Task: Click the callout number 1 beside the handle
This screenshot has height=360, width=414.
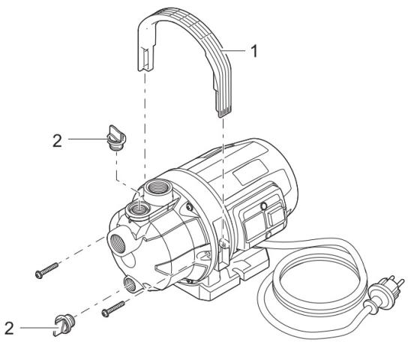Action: coord(253,51)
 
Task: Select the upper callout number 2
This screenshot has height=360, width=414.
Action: coord(57,141)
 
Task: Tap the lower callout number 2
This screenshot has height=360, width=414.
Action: coord(9,328)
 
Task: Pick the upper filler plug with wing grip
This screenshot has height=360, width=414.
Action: coord(116,137)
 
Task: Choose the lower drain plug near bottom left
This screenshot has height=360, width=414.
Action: coord(64,325)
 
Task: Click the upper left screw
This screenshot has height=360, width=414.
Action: coord(46,271)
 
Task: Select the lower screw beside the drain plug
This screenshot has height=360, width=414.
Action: coord(113,309)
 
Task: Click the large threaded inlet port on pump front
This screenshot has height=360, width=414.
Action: coord(117,242)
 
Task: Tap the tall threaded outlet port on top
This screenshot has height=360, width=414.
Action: coord(157,188)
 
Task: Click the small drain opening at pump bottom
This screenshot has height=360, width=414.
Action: coord(130,284)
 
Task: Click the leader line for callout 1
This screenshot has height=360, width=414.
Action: coord(234,50)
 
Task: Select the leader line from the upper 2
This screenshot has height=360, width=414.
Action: coord(88,139)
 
